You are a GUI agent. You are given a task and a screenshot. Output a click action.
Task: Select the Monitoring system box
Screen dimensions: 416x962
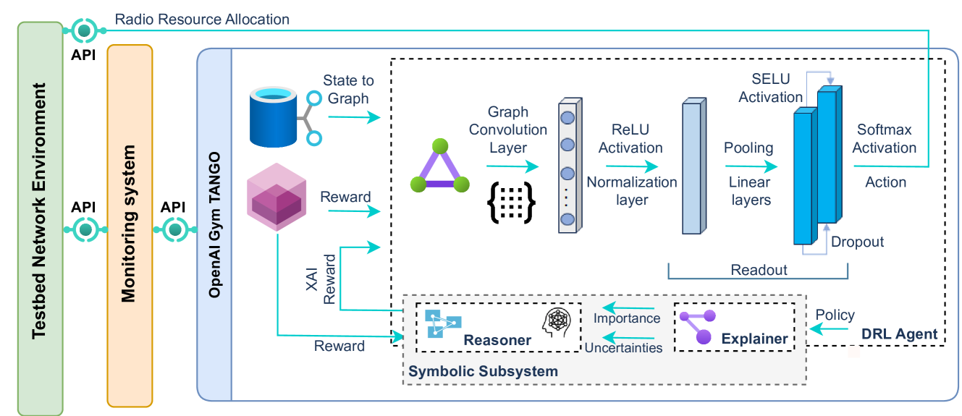130,224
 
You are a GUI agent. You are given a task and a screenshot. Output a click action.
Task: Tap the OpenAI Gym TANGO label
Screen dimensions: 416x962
214,225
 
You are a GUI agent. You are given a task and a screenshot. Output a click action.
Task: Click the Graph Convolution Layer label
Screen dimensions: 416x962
508,130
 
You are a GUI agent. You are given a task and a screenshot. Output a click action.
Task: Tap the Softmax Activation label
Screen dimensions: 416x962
886,138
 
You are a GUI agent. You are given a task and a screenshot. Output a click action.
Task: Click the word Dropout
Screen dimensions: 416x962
858,242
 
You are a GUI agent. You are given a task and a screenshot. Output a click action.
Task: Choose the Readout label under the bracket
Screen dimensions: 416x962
759,270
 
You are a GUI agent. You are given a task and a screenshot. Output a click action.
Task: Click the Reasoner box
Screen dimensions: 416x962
499,327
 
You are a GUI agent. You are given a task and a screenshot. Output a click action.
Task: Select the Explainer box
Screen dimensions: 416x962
734,327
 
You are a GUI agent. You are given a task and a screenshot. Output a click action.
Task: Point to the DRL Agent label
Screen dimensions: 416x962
900,334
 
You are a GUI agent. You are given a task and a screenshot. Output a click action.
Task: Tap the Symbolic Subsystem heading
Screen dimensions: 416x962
483,371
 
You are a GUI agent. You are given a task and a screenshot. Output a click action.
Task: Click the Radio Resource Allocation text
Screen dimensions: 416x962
201,20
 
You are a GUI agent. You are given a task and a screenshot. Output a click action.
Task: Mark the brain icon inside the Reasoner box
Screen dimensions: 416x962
558,321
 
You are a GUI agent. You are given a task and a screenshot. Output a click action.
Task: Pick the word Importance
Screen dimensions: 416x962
627,318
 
